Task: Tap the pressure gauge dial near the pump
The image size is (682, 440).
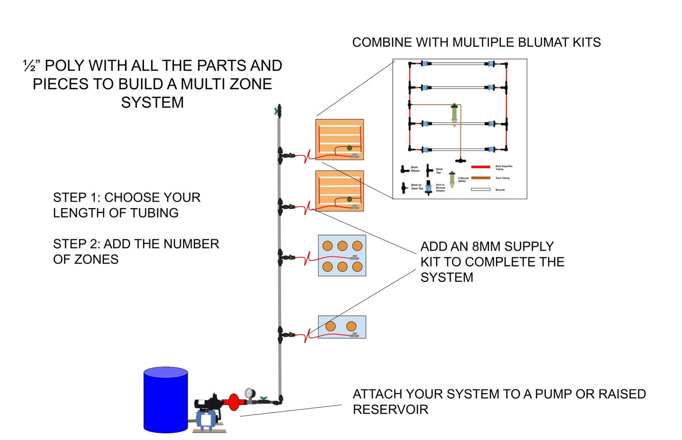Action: [249, 393]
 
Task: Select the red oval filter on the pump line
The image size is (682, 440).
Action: [234, 402]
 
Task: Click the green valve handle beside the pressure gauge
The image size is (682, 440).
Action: [263, 399]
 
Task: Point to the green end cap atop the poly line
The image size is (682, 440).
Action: [277, 111]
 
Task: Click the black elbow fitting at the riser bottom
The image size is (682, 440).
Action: [280, 400]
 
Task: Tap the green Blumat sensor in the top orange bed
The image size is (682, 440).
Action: [349, 148]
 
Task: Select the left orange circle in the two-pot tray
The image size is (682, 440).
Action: [330, 326]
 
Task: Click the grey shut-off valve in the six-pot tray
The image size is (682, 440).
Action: [354, 258]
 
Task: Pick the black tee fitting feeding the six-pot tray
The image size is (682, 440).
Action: [281, 257]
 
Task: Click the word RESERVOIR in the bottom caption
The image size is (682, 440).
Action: [390, 409]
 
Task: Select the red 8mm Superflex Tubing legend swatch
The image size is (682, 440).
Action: [480, 167]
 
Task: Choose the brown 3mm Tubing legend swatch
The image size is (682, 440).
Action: [480, 178]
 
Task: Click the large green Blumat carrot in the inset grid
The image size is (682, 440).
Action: [454, 115]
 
